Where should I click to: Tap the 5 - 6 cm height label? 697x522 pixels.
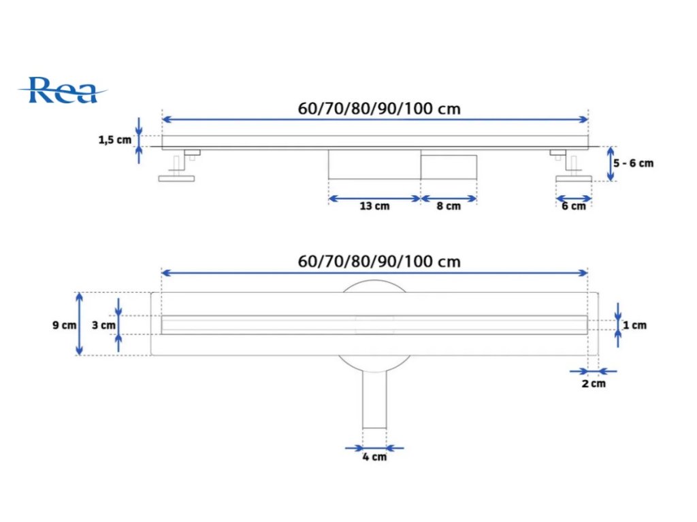[634, 163]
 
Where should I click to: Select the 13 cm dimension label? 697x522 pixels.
[374, 206]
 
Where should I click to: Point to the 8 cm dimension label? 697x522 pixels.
[448, 206]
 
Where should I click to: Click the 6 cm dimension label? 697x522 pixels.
[573, 206]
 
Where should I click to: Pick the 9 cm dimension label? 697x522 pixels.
[64, 325]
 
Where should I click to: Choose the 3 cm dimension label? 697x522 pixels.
[103, 325]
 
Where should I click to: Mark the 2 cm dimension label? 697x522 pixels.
[593, 384]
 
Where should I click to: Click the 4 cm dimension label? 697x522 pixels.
[374, 457]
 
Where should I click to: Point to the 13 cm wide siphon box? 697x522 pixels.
[374, 164]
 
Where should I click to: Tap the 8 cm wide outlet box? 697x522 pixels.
[448, 167]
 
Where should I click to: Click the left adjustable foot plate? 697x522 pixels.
[177, 179]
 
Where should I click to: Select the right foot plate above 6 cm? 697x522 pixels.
[573, 179]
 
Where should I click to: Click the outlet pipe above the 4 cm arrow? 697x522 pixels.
[374, 401]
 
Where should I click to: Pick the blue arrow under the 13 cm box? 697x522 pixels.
[374, 198]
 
